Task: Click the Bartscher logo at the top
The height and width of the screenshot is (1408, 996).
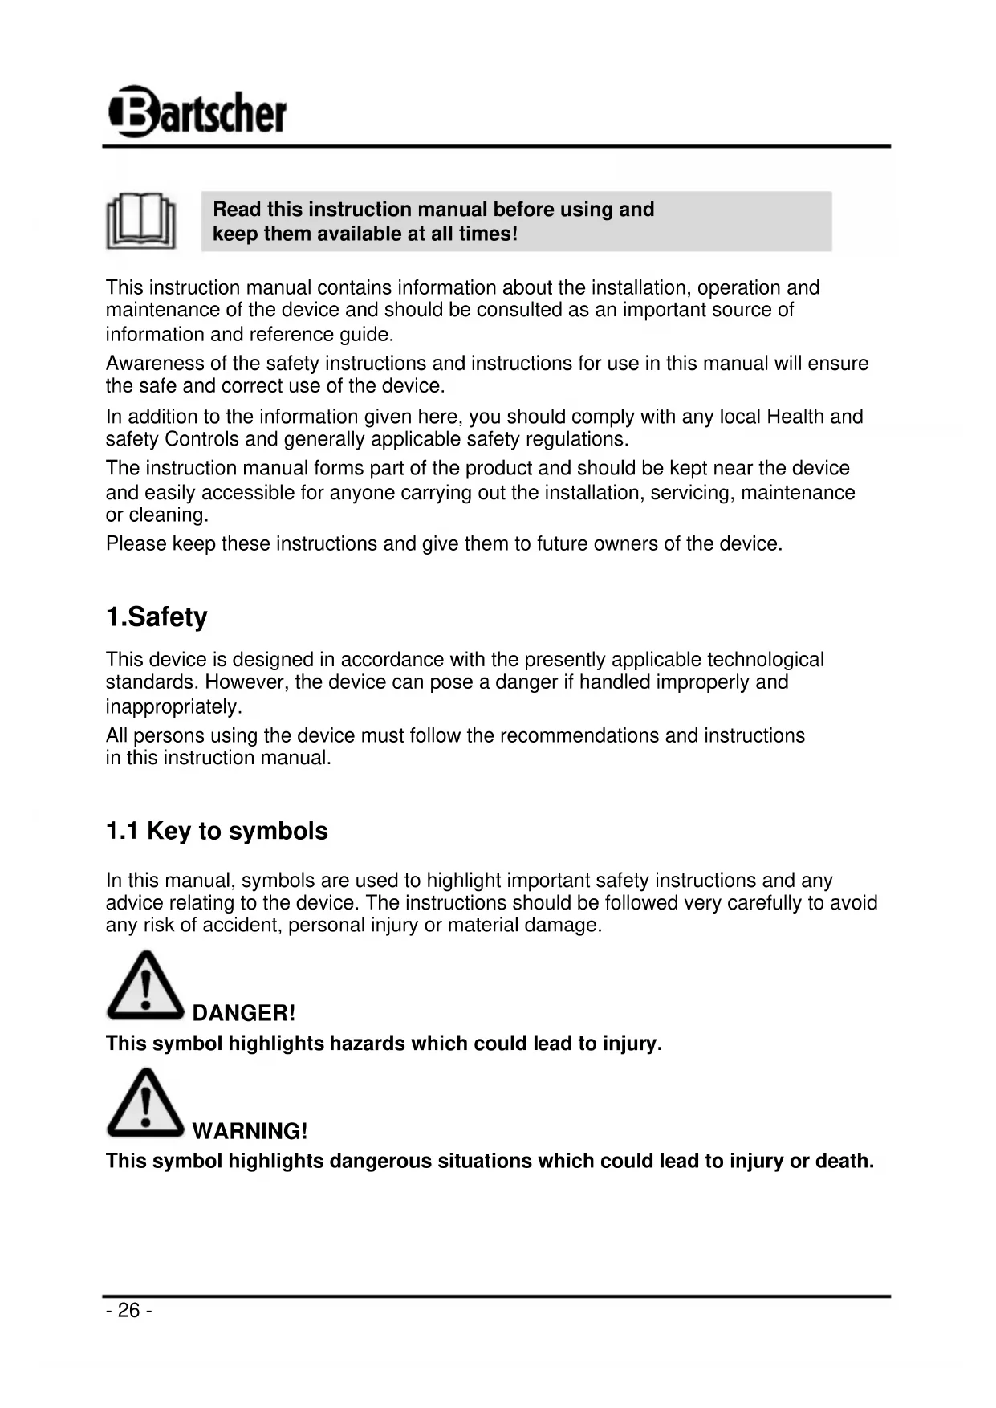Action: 197,112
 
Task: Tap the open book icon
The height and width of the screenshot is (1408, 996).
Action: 141,221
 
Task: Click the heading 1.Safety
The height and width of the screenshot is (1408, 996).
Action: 157,617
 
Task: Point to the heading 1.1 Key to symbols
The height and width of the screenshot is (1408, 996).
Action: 217,831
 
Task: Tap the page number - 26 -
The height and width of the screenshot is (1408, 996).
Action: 128,1311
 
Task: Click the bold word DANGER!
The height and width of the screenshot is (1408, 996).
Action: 244,1013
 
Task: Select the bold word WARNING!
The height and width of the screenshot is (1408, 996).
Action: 250,1131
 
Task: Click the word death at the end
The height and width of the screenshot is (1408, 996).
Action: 844,1161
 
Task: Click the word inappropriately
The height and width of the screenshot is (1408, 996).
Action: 173,707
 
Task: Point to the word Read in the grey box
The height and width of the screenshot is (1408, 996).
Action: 237,210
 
